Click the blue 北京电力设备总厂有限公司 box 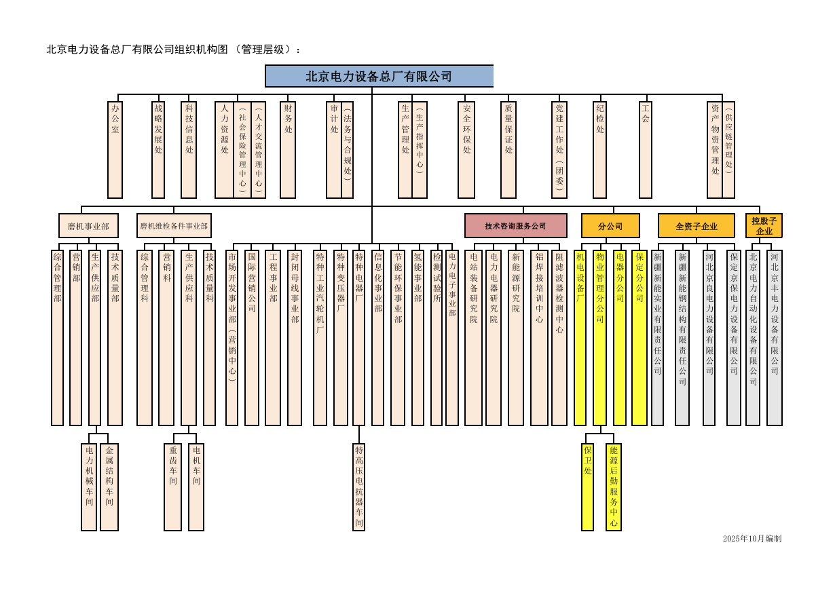point(379,76)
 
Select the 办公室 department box point(115,149)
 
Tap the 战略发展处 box point(158,149)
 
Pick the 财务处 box point(288,149)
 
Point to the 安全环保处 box point(466,149)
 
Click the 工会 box point(646,149)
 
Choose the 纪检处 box point(600,149)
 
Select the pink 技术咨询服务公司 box point(515,226)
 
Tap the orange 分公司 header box point(610,226)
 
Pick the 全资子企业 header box point(697,226)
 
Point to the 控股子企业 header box point(764,226)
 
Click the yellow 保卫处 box point(587,487)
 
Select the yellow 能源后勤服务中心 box point(614,487)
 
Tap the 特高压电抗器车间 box point(359,487)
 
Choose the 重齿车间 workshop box point(173,487)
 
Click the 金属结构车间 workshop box point(109,487)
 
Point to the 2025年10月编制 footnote point(751,539)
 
